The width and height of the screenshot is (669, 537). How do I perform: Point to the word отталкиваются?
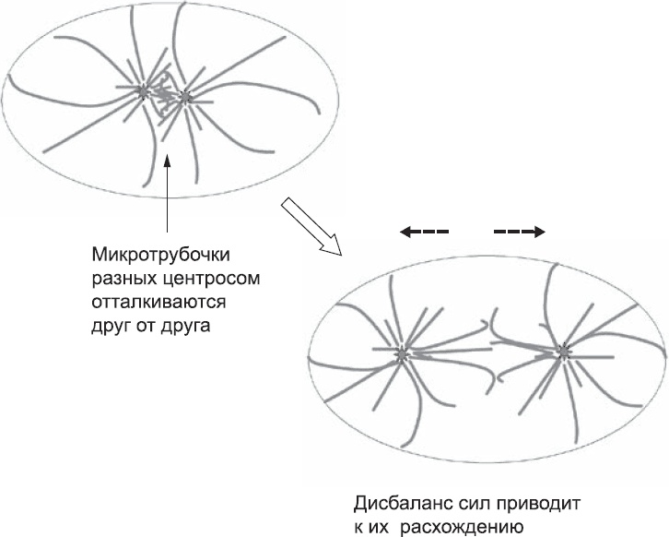pyautogui.click(x=158, y=302)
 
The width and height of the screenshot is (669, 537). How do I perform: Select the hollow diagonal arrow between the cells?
pyautogui.click(x=311, y=226)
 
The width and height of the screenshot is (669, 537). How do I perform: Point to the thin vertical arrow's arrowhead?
pyautogui.click(x=167, y=161)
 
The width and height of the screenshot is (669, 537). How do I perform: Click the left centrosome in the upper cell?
pyautogui.click(x=143, y=91)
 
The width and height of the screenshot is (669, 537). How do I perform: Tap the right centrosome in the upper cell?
pyautogui.click(x=185, y=96)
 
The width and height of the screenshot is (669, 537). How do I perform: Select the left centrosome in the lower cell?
pyautogui.click(x=402, y=352)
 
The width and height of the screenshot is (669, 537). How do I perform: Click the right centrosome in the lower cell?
pyautogui.click(x=563, y=351)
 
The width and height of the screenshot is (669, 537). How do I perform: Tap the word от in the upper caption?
pyautogui.click(x=150, y=326)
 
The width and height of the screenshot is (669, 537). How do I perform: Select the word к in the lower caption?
pyautogui.click(x=360, y=529)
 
